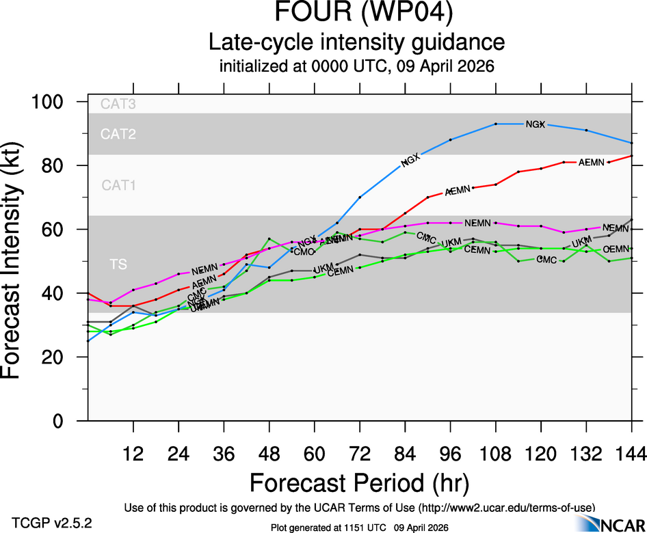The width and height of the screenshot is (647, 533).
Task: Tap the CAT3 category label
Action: pos(118,105)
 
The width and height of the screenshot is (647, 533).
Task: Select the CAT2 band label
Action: pos(118,134)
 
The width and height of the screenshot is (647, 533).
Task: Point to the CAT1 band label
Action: pos(119,185)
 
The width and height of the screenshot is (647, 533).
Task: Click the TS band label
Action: pos(118,264)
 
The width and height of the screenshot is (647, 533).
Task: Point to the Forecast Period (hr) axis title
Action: pos(359,482)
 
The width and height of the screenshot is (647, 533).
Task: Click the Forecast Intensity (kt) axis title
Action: pos(18,261)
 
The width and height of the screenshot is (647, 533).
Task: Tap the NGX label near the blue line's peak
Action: pos(535,124)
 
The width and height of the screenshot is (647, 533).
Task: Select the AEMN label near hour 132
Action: pos(591,163)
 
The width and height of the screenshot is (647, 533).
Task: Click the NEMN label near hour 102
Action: pos(477,223)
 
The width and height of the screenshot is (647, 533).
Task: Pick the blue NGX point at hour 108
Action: pos(495,124)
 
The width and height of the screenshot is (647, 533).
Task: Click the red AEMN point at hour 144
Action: pos(631,156)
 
